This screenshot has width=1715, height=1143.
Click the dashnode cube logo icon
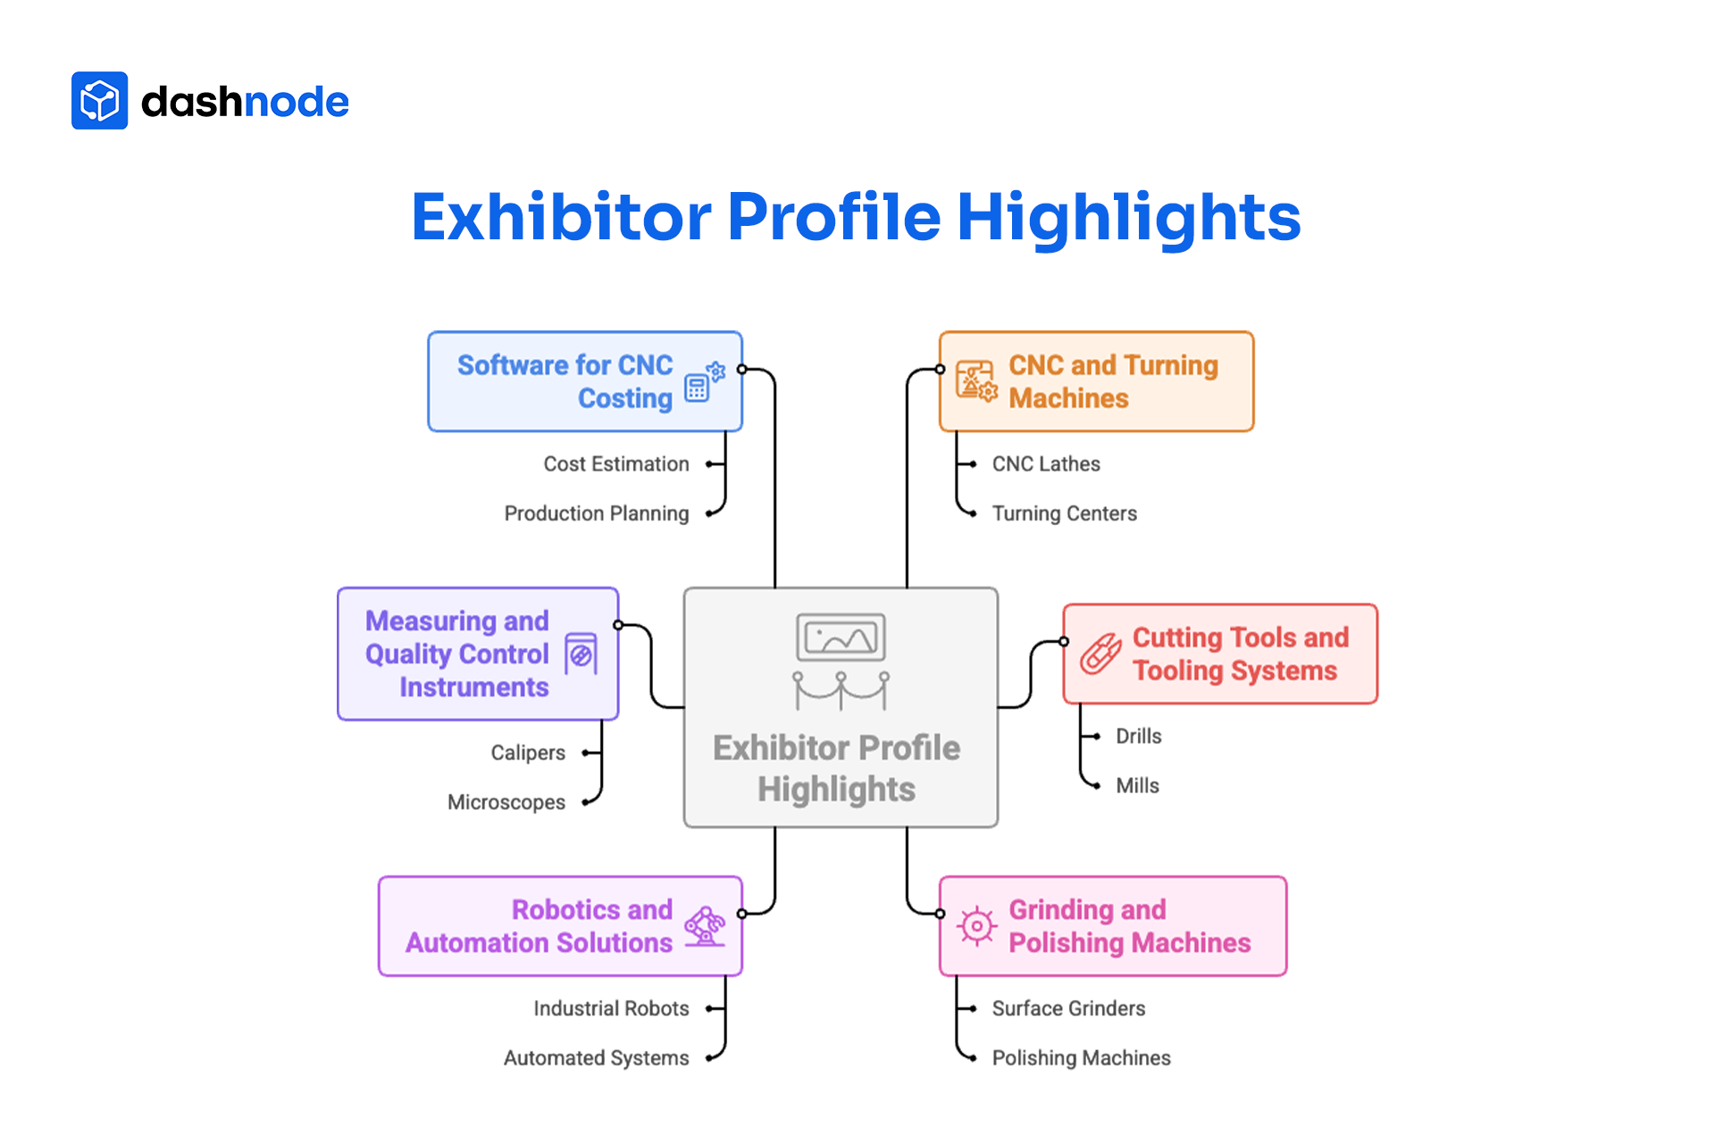coord(99,101)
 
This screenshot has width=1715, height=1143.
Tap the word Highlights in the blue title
coord(1128,217)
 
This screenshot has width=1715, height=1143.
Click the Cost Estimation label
coord(616,464)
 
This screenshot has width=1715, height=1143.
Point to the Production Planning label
coord(597,513)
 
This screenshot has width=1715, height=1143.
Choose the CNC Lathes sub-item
coord(1046,464)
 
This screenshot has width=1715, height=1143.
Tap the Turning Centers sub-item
coord(1064,513)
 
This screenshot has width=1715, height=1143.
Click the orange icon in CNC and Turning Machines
coord(976,381)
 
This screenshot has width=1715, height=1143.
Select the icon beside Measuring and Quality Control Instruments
coord(581,655)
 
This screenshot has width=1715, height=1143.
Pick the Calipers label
coord(528,753)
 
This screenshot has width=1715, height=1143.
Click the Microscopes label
coord(506,802)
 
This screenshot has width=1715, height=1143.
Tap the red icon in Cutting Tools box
coord(1100,654)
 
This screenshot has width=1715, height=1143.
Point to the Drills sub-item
coord(1139,736)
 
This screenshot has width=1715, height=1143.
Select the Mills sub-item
coord(1137,786)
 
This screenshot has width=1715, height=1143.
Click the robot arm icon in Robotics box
coord(706,926)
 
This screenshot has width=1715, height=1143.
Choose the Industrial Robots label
coord(611,1008)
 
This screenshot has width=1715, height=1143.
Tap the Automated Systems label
coord(596,1058)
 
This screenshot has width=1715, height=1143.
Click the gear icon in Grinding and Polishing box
coord(976,926)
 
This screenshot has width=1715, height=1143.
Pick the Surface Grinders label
coord(1068,1008)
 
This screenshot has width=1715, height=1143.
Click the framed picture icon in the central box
coord(841,638)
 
